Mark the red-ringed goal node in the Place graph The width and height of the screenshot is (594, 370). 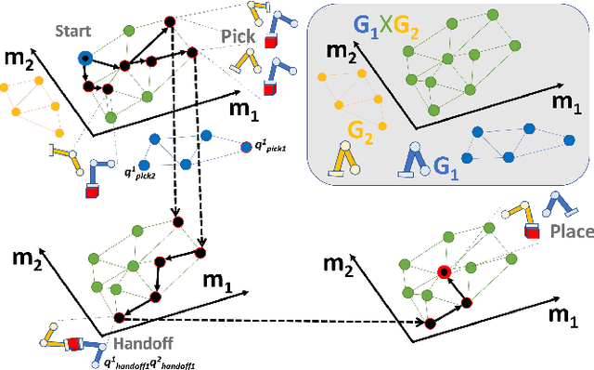(x=444, y=272)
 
